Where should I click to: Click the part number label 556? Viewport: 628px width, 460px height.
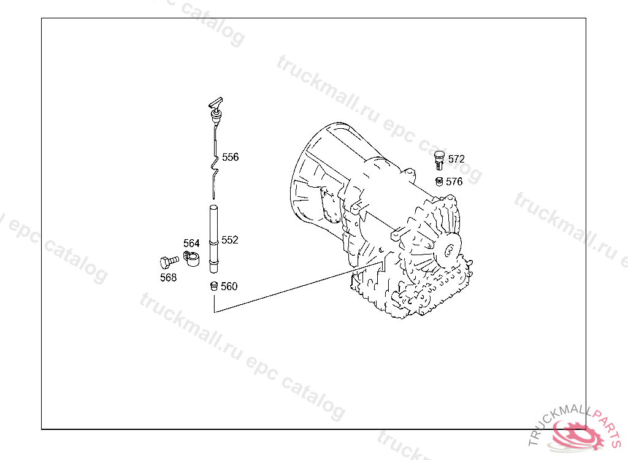(x=231, y=157)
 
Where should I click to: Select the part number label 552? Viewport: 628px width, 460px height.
(x=230, y=240)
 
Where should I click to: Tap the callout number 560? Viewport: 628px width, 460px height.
(x=229, y=286)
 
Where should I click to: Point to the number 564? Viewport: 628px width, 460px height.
(x=191, y=243)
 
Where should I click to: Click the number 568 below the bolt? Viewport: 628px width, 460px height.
(x=168, y=277)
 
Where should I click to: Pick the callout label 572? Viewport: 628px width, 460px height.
(x=456, y=159)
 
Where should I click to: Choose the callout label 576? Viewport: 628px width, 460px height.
(x=454, y=182)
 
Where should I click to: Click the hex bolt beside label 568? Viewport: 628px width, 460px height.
(x=169, y=262)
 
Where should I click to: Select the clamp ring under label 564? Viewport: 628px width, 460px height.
(x=191, y=258)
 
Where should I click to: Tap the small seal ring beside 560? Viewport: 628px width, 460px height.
(x=214, y=286)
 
